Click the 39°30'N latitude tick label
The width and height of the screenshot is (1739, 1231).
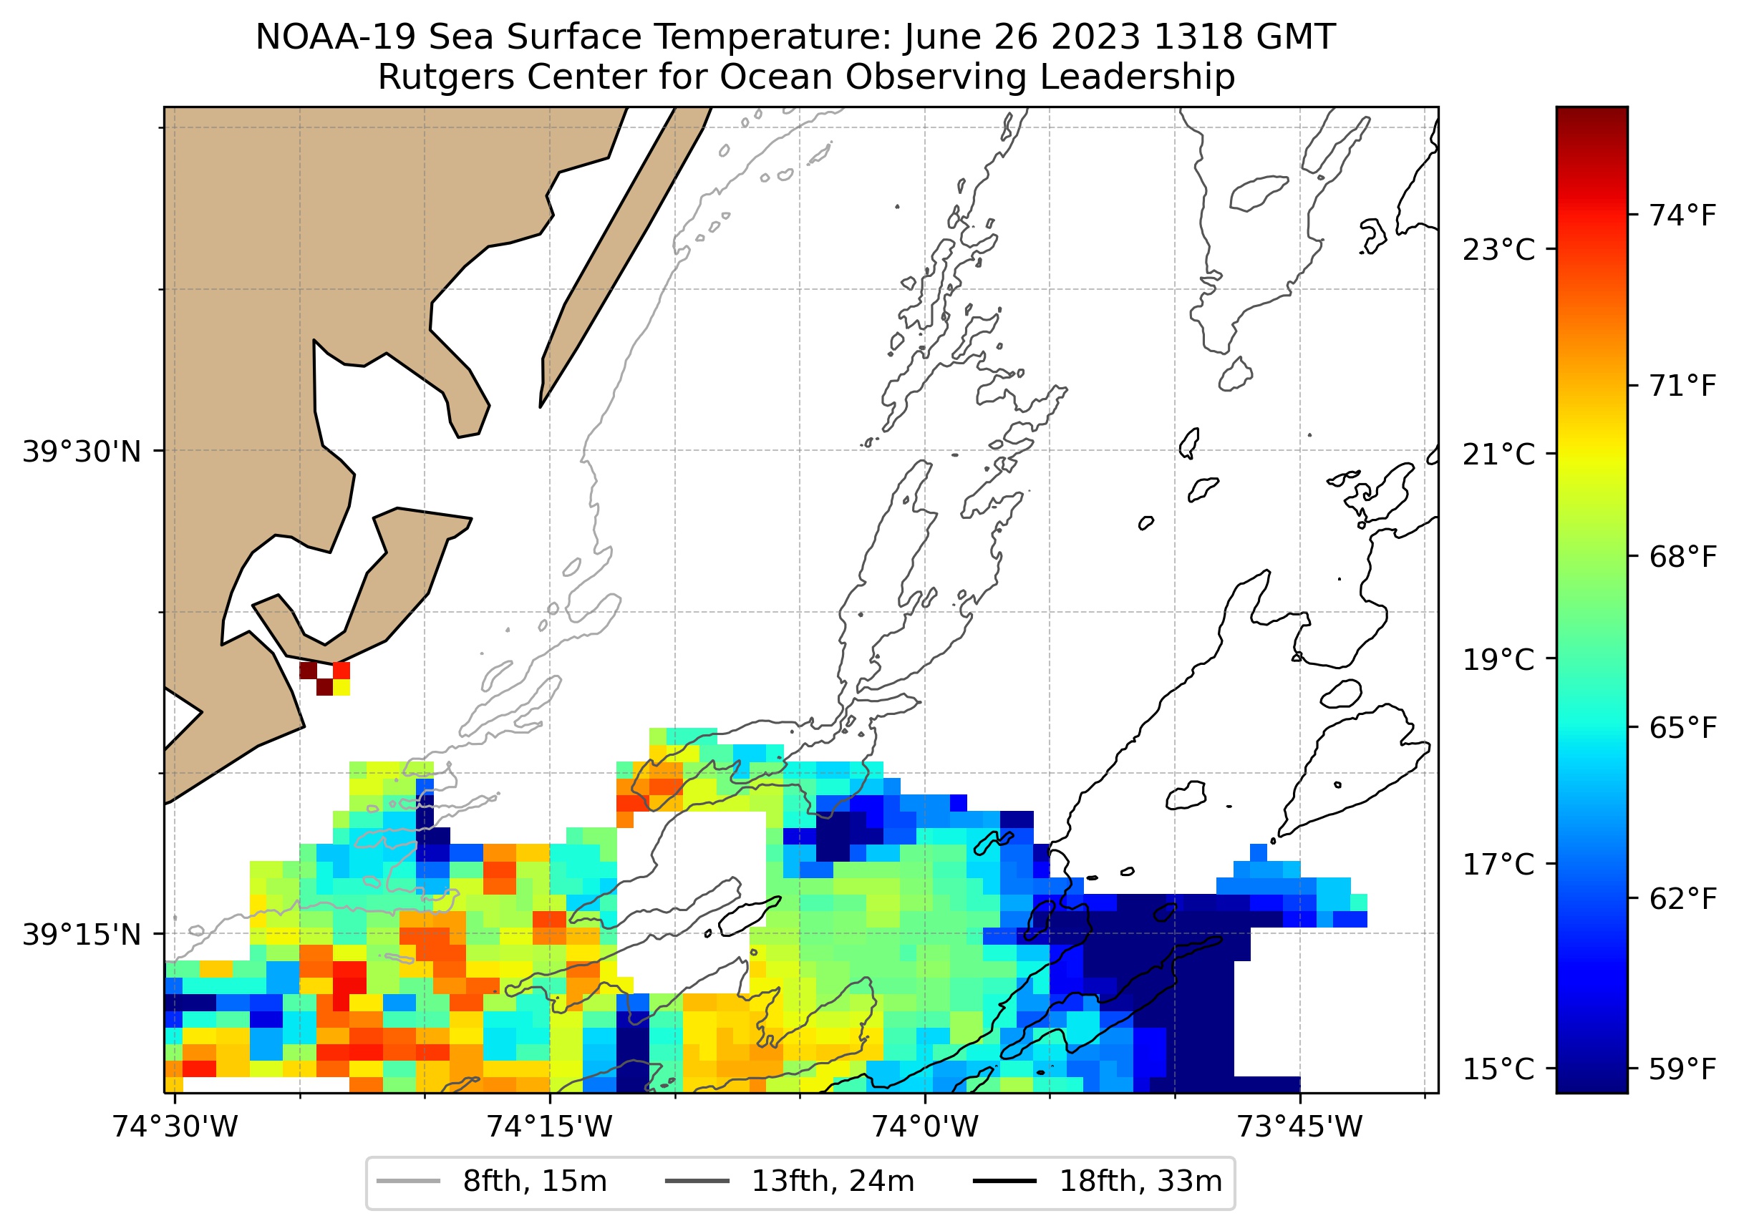(81, 452)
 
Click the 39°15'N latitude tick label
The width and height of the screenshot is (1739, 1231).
(81, 935)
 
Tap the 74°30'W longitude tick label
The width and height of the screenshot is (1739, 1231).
(175, 1127)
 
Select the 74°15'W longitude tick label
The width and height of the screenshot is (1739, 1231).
(549, 1127)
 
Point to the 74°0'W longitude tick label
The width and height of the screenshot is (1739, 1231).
(925, 1127)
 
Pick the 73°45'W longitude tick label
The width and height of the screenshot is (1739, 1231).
(1299, 1127)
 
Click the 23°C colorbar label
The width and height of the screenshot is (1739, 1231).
(1498, 249)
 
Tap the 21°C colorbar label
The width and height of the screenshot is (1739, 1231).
(1498, 454)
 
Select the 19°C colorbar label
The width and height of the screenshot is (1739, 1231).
(1498, 659)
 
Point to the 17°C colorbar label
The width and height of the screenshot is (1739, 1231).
(1498, 864)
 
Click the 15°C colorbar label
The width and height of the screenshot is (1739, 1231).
(1498, 1069)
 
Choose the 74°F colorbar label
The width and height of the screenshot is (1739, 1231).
(1682, 215)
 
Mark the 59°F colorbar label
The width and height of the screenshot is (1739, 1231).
(1682, 1069)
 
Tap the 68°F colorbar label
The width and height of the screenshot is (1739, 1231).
(1682, 557)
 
